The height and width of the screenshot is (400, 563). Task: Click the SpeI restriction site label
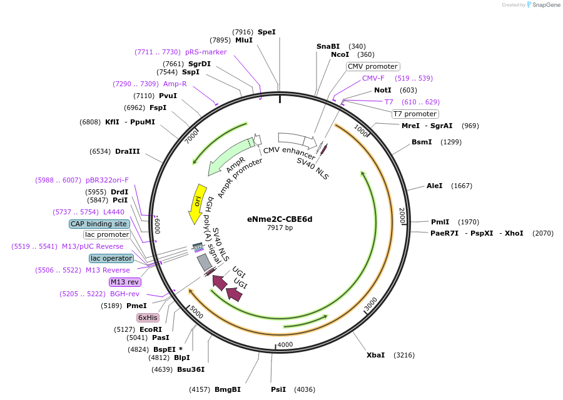[266, 32]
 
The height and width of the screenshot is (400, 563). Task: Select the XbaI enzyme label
[375, 355]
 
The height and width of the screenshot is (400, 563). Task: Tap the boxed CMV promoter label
[373, 66]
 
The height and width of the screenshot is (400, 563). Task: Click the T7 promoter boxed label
[415, 114]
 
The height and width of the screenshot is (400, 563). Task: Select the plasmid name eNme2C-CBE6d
[280, 219]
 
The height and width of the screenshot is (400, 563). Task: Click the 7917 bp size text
[280, 227]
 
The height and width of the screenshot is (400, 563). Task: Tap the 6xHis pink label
[148, 317]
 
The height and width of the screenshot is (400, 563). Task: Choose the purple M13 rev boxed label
[125, 282]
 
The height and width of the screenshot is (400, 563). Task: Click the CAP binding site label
[99, 224]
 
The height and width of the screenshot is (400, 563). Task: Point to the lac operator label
[111, 258]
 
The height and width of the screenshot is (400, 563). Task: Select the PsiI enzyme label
[278, 389]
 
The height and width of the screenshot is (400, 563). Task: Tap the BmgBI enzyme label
[228, 389]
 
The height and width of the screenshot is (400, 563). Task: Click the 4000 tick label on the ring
[285, 345]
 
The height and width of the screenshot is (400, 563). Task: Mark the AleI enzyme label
[434, 186]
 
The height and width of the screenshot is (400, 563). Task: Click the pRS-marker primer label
[206, 52]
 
